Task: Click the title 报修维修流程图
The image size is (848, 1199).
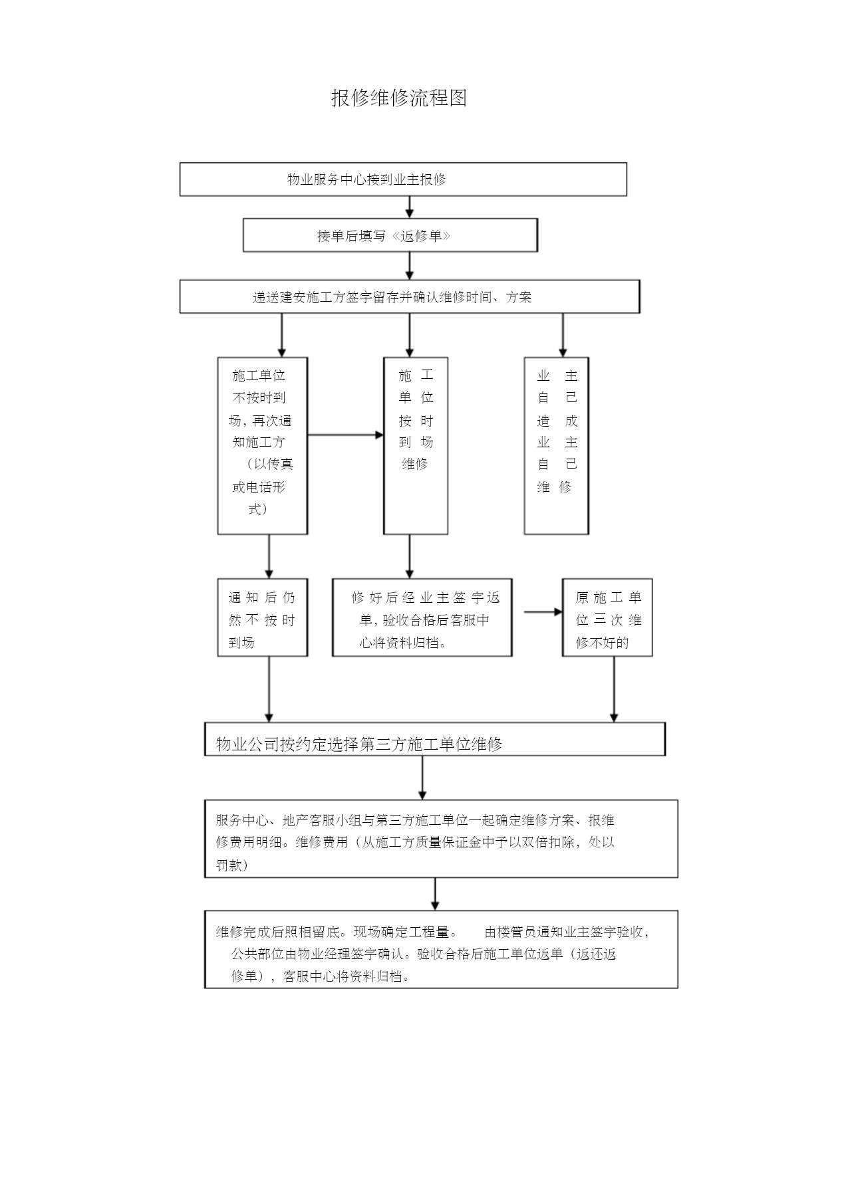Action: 399,98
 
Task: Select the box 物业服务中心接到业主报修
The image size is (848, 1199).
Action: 403,179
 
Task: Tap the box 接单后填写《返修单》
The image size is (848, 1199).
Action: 390,235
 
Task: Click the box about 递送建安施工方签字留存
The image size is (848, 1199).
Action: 410,296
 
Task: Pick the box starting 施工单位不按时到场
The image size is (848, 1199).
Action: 263,446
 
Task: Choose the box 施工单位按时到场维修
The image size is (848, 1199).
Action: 416,446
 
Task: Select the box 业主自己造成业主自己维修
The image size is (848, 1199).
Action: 557,446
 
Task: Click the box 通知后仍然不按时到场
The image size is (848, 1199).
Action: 263,618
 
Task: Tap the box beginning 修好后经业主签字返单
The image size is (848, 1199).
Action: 422,618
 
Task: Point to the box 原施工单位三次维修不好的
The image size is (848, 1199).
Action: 607,618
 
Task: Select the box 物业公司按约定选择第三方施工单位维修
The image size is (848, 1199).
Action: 435,739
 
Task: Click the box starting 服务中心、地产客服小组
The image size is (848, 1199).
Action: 441,839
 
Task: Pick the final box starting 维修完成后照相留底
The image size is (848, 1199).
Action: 441,950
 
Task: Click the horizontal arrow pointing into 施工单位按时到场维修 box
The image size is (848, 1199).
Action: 346,435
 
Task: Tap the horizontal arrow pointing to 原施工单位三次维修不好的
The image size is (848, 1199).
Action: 543,612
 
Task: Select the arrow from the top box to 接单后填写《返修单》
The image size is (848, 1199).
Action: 410,207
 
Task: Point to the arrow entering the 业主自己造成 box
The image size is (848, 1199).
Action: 563,335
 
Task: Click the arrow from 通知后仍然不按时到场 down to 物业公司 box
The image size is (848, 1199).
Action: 269,689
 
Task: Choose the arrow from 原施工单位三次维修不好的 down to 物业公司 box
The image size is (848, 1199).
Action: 614,689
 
